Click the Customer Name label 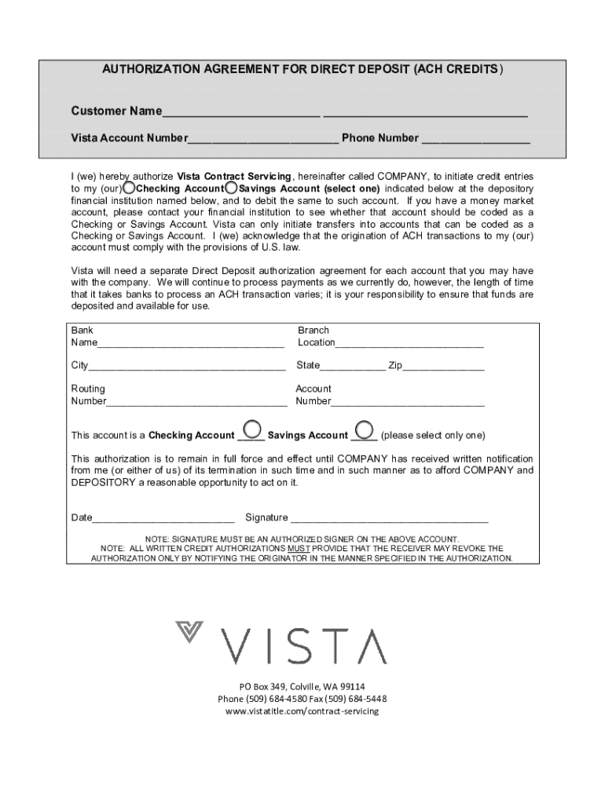point(116,111)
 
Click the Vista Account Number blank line point(263,140)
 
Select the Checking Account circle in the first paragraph point(129,188)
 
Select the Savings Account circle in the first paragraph point(231,188)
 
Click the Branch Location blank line point(409,343)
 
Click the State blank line point(353,366)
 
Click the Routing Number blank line point(196,402)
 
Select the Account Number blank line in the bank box point(408,402)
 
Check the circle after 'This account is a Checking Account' point(251,429)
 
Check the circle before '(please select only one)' point(364,429)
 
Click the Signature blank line point(390,518)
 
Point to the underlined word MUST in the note point(298,548)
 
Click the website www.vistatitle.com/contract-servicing point(302,711)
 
